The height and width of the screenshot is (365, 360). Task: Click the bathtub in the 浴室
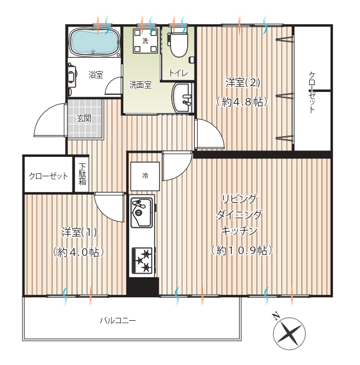coord(94,42)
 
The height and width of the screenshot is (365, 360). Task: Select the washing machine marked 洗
coord(145,41)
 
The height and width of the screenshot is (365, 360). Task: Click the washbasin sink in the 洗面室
coord(183,98)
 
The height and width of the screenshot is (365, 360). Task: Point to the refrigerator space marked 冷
coord(145,176)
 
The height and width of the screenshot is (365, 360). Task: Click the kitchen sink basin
coord(141,212)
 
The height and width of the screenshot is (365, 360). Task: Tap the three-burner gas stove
coord(142,260)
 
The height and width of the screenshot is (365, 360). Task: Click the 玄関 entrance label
coord(84,119)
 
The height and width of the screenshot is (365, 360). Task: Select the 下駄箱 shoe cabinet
coord(82,175)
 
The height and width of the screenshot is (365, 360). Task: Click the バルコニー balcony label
coord(118,321)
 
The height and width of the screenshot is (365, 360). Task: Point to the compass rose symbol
coord(289,334)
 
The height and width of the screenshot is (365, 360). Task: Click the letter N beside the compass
coord(276,316)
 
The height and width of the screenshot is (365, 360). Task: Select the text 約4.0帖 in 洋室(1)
coord(78,252)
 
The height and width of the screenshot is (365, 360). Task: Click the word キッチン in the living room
coord(239,231)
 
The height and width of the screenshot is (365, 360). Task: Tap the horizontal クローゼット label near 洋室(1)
coord(48,176)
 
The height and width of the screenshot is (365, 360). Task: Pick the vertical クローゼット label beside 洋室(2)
coord(312,93)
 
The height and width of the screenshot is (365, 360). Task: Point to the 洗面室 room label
coord(140,85)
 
